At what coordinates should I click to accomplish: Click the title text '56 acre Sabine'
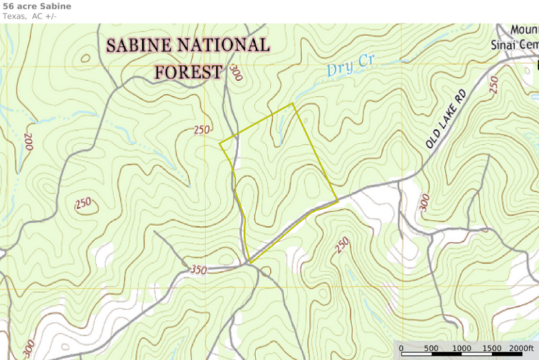point(37,6)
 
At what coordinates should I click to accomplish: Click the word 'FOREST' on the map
point(189,71)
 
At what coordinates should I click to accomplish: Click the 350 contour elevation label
point(198,270)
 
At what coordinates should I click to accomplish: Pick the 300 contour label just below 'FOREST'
point(235,73)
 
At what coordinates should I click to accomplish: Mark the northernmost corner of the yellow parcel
point(293,104)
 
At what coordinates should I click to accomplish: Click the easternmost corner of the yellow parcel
point(338,200)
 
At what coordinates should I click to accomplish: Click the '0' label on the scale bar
point(401,349)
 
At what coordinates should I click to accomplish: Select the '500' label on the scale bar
point(431,349)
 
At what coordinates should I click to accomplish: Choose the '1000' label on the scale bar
point(462,349)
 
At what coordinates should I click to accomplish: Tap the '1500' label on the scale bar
point(492,349)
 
